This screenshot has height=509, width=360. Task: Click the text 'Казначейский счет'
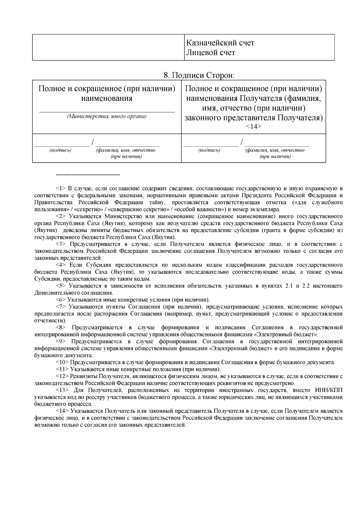[220, 43]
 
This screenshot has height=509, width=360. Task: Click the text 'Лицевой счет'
[210, 53]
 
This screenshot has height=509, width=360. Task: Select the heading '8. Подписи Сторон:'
[199, 75]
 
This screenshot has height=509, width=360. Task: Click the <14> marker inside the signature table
[253, 127]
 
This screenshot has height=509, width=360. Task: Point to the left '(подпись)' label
[60, 150]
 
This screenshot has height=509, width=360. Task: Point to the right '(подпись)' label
[209, 150]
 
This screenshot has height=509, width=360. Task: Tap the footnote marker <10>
[62, 362]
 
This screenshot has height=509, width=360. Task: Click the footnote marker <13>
[62, 390]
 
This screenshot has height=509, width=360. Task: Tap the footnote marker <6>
[61, 300]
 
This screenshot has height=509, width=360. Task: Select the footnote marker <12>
[62, 376]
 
